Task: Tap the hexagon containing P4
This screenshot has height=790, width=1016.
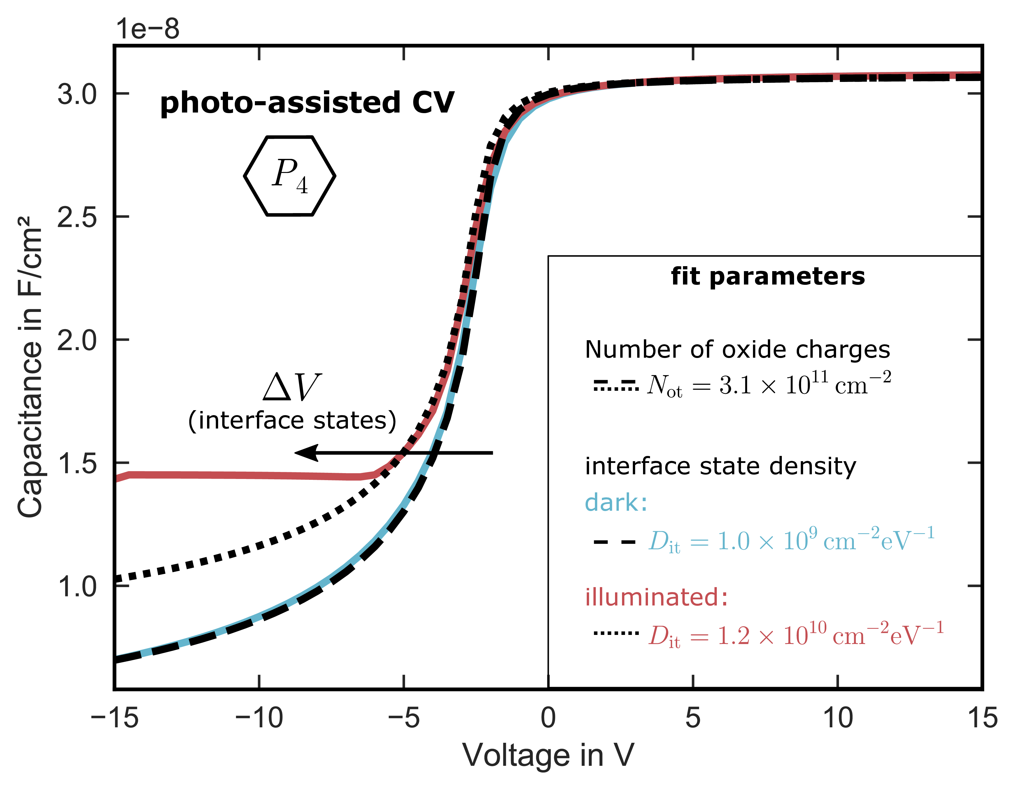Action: [x=289, y=176]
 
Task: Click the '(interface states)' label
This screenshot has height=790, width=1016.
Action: [x=292, y=420]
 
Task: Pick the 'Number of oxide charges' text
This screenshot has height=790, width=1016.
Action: [x=737, y=349]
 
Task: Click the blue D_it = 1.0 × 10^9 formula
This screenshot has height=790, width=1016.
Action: [x=791, y=540]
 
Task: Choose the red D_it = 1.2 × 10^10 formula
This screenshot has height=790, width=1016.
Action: [x=796, y=635]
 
